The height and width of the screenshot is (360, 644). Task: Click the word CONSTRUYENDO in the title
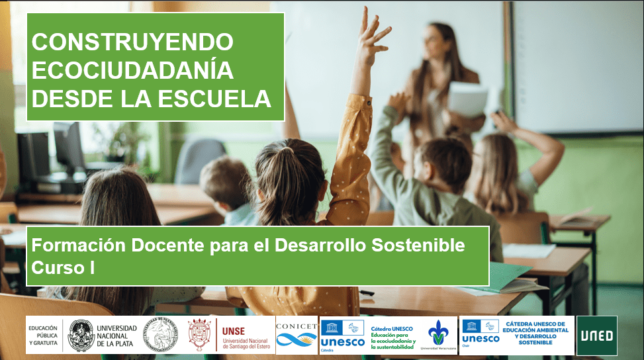pyautogui.click(x=132, y=42)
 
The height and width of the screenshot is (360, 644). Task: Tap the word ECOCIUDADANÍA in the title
pyautogui.click(x=132, y=70)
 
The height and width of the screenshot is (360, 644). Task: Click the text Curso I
pyautogui.click(x=64, y=267)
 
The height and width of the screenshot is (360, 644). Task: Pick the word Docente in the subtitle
pyautogui.click(x=160, y=246)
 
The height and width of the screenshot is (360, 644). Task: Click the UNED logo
pyautogui.click(x=596, y=336)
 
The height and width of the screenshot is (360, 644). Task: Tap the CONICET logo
pyautogui.click(x=297, y=335)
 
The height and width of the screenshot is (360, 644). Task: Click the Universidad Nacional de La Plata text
pyautogui.click(x=116, y=336)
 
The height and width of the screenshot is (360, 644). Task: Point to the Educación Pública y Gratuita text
pyautogui.click(x=43, y=336)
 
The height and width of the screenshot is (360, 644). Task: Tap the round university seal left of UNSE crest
pyautogui.click(x=161, y=335)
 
